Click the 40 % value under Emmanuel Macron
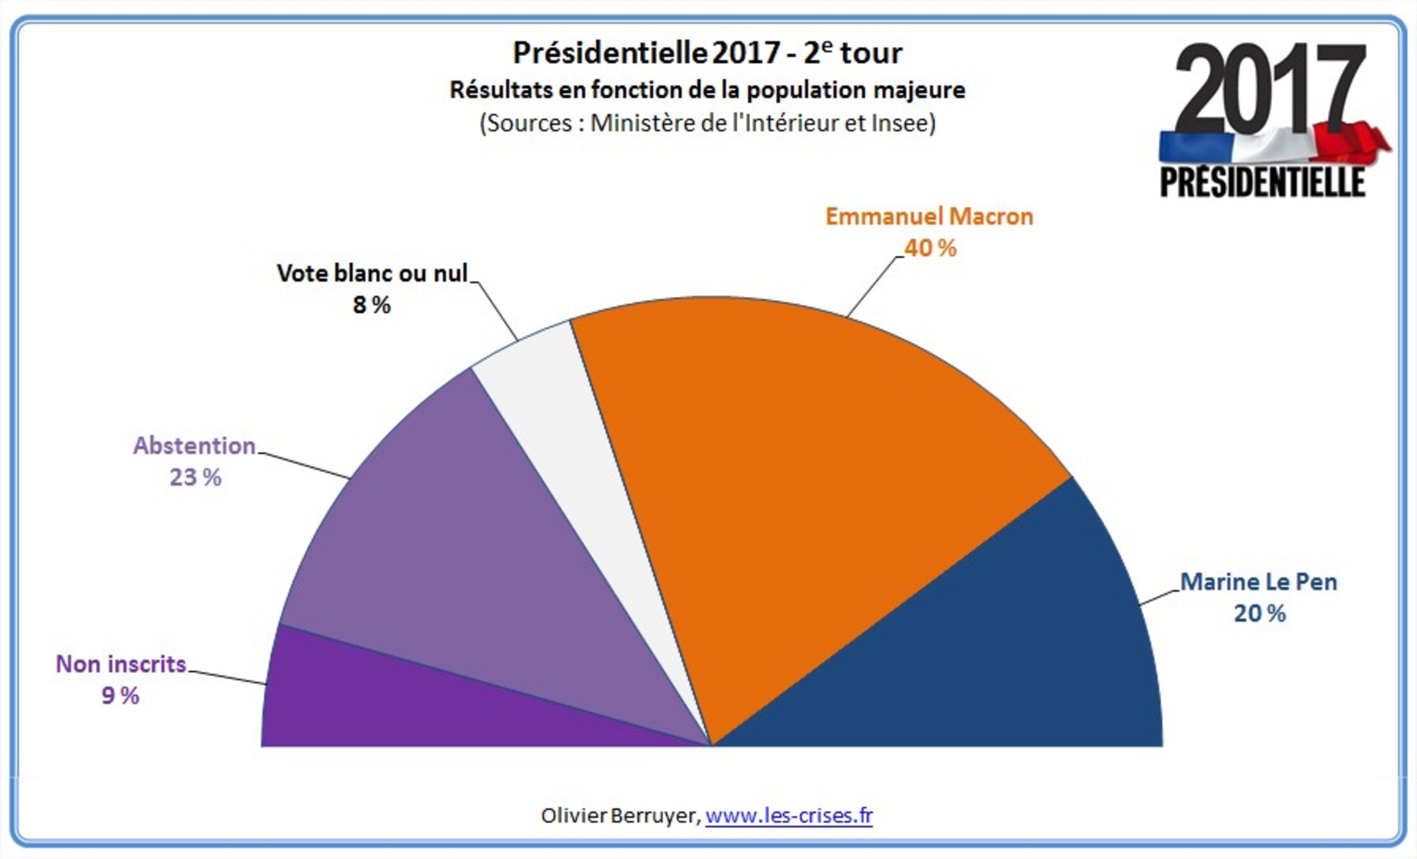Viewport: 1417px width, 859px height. click(x=930, y=248)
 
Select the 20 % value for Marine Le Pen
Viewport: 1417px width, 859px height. click(x=1259, y=613)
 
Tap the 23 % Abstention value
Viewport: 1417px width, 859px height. click(x=195, y=478)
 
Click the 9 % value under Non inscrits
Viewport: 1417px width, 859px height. click(x=120, y=696)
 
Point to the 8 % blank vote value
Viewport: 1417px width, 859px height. click(x=372, y=305)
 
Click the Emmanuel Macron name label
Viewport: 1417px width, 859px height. click(x=929, y=217)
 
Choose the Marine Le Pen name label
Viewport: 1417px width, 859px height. click(x=1258, y=582)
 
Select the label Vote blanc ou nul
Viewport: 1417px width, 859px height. click(x=372, y=273)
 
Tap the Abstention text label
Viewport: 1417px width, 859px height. click(x=194, y=446)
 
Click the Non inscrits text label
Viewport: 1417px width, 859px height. click(x=120, y=664)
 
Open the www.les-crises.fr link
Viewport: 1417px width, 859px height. click(x=789, y=816)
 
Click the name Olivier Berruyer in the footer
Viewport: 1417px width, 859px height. click(x=619, y=816)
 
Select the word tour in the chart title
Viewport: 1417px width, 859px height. click(x=871, y=53)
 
